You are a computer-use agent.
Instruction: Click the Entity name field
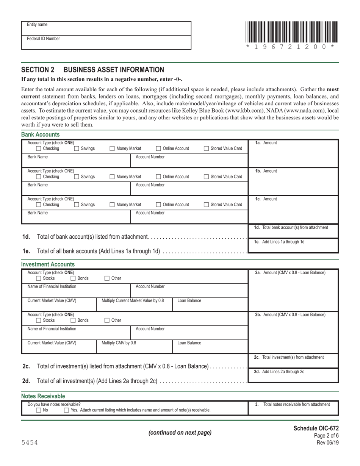tap(106, 28)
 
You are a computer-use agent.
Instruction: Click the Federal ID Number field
tap(106, 42)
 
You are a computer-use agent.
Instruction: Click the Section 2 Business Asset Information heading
tap(93, 70)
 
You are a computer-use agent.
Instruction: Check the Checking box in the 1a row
tap(39, 149)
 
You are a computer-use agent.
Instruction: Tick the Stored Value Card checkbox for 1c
tap(206, 205)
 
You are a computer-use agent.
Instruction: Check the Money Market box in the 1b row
tap(112, 177)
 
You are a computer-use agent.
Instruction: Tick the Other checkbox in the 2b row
tap(107, 320)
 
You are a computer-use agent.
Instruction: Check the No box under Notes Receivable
tap(39, 410)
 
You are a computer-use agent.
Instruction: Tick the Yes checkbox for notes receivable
tap(66, 410)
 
